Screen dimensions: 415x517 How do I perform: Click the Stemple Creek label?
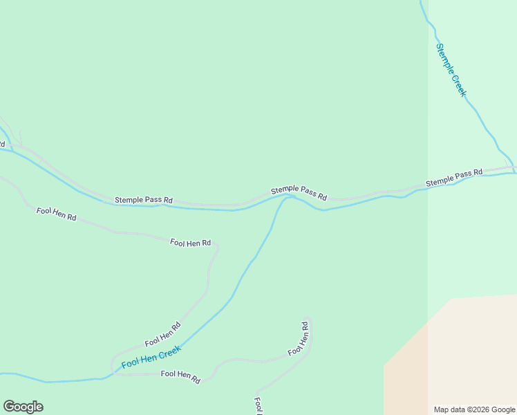click(x=451, y=70)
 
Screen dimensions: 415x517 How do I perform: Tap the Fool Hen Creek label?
click(x=151, y=357)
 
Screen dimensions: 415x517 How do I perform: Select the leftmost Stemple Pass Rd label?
click(x=144, y=200)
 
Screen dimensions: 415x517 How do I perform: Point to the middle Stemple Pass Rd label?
click(x=299, y=193)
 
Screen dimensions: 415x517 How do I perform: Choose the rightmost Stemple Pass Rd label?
click(x=453, y=178)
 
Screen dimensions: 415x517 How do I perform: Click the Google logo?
click(x=23, y=407)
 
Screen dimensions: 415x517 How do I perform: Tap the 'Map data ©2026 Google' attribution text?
click(x=474, y=409)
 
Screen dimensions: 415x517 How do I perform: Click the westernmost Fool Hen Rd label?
click(x=56, y=213)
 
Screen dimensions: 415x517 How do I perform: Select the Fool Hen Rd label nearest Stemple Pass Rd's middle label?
click(x=190, y=243)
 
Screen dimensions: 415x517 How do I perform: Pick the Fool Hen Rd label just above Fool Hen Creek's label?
click(x=162, y=334)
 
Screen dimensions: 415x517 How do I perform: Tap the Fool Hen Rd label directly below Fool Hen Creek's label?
click(x=180, y=377)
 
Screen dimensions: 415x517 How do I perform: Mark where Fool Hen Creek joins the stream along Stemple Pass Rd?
click(x=290, y=196)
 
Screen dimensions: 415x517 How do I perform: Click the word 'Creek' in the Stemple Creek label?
click(x=459, y=83)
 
